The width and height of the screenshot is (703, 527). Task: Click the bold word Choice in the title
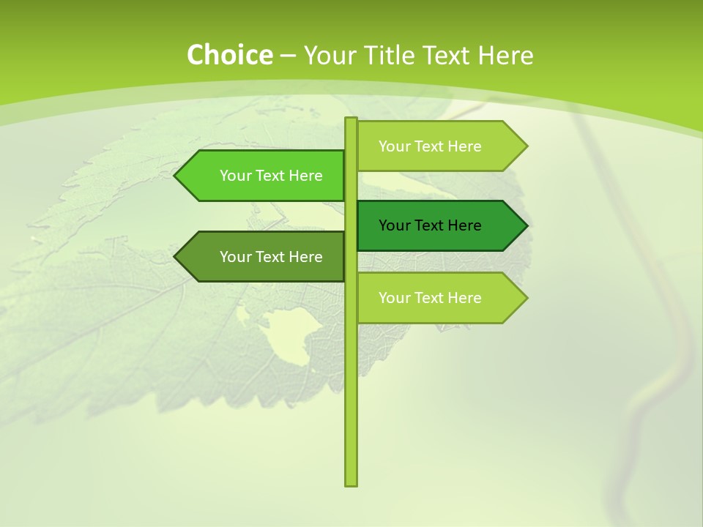pos(229,56)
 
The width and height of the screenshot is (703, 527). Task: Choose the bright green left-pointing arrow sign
pos(264,176)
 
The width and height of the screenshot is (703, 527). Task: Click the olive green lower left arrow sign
pos(264,257)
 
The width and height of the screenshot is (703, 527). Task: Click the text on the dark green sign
pos(430,225)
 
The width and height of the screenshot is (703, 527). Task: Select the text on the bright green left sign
pos(271,176)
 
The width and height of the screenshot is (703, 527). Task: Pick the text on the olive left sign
pos(271,257)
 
